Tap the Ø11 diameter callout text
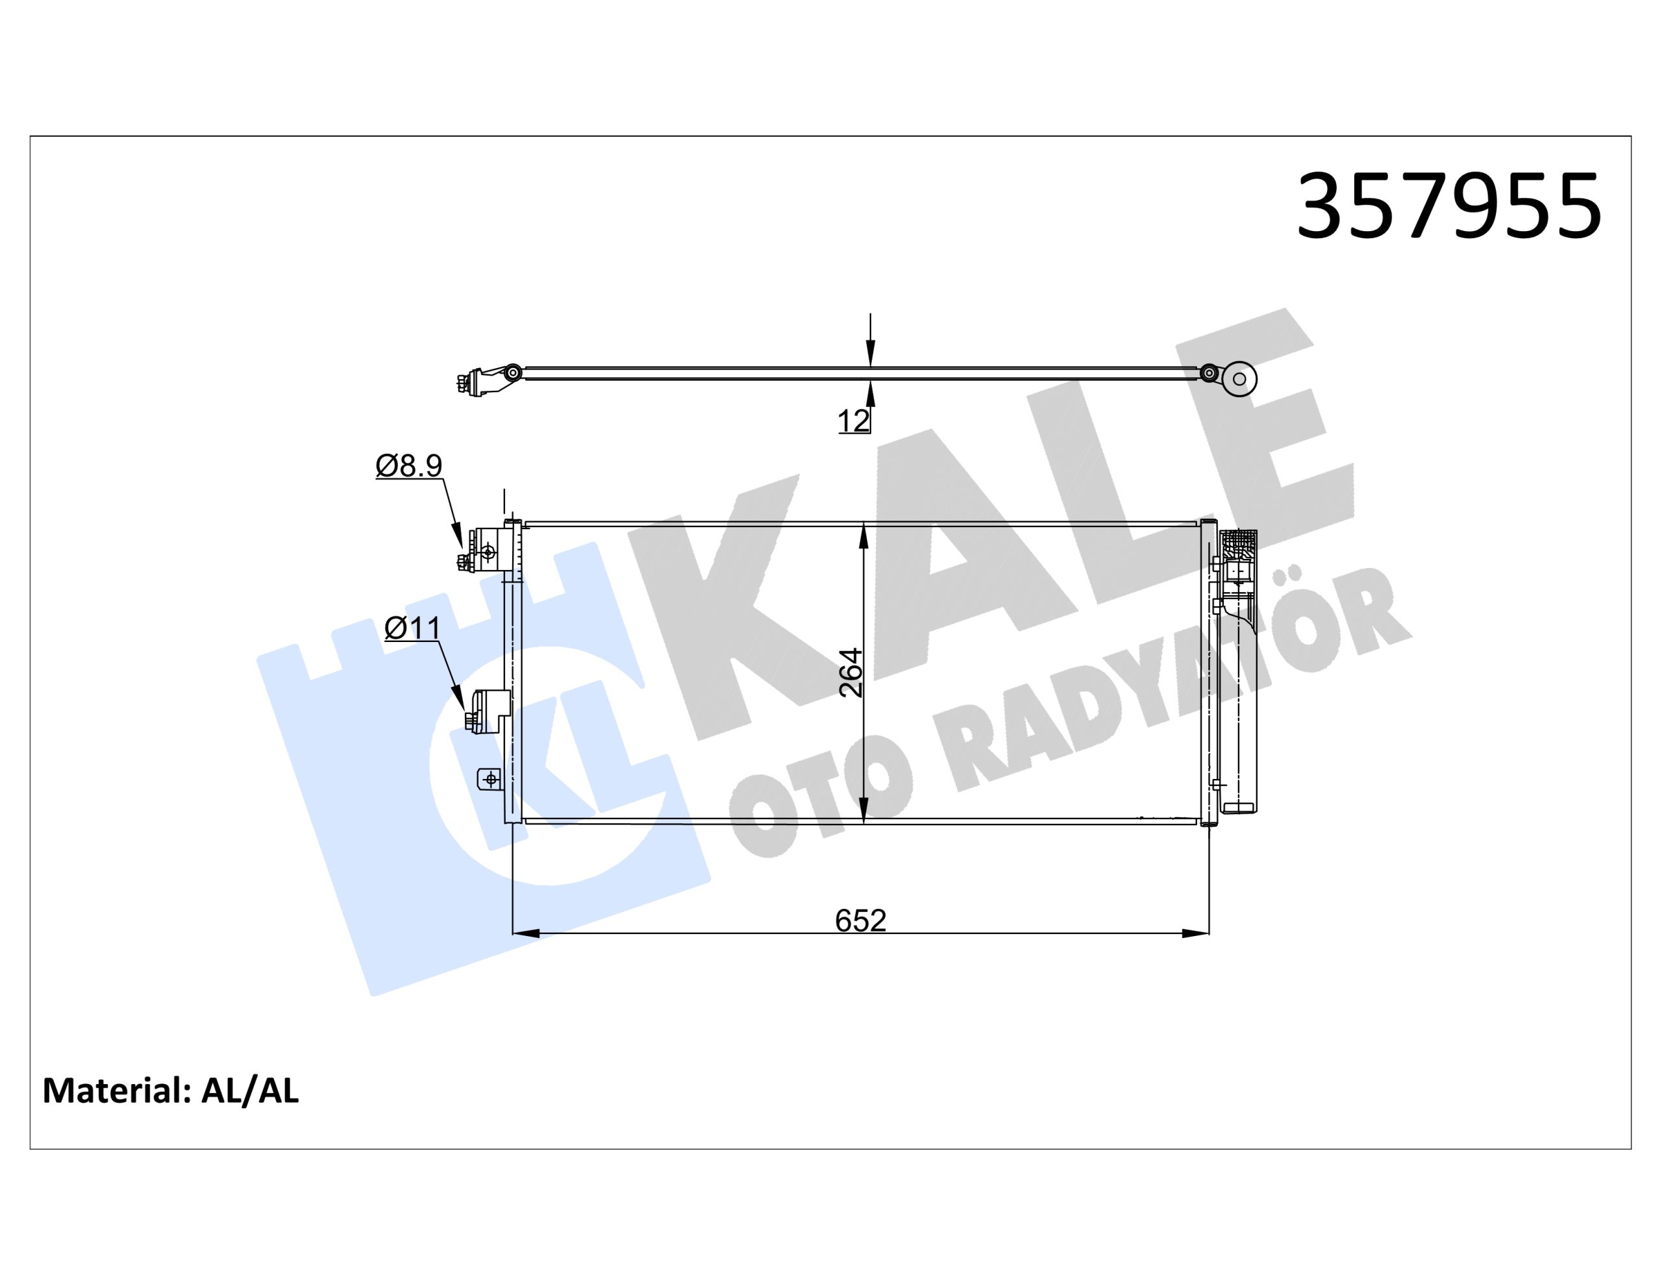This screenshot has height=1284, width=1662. pos(412,628)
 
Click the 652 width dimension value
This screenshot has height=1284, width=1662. pos(861,921)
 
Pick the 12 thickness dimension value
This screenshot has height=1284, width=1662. pos(853,421)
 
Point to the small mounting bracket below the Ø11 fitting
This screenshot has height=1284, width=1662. pos(490,778)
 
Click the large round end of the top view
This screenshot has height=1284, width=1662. pos(1238,378)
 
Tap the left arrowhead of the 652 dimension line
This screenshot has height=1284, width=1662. pos(527,933)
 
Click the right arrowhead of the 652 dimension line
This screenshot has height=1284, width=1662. pos(1195,933)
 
